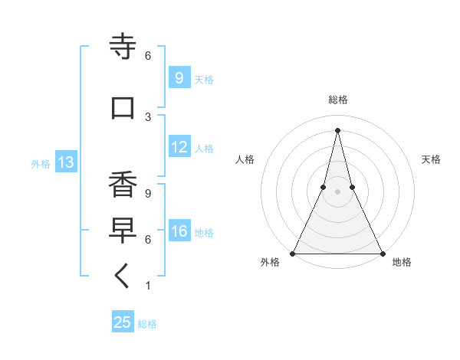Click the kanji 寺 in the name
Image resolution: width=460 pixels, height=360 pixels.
pyautogui.click(x=123, y=47)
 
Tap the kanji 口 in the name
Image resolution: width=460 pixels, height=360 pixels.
pyautogui.click(x=123, y=108)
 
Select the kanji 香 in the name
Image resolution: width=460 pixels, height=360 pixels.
pyautogui.click(x=123, y=185)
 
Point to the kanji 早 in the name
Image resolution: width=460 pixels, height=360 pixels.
pyautogui.click(x=123, y=231)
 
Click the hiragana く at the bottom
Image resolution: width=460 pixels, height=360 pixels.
pyautogui.click(x=123, y=277)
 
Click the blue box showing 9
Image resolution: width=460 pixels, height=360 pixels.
pyautogui.click(x=179, y=77)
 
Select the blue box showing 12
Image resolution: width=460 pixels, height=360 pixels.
pyautogui.click(x=179, y=147)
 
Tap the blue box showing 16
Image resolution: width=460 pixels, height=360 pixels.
pyautogui.click(x=179, y=231)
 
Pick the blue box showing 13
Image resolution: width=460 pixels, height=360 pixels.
pyautogui.click(x=65, y=162)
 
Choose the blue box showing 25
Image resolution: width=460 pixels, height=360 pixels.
pyautogui.click(x=123, y=322)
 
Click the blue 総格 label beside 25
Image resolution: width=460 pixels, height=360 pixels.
pyautogui.click(x=147, y=324)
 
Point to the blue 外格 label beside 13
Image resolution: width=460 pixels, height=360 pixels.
pyautogui.click(x=40, y=163)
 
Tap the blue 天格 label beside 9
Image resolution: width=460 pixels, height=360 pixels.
pyautogui.click(x=203, y=79)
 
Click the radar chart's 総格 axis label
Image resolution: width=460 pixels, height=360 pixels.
pyautogui.click(x=337, y=100)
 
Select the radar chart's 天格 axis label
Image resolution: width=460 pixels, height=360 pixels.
pyautogui.click(x=431, y=159)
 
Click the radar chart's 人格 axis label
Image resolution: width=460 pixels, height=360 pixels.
pyautogui.click(x=245, y=159)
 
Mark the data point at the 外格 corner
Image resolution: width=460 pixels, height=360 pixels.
pyautogui.click(x=293, y=253)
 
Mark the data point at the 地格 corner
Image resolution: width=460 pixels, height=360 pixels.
pyautogui.click(x=382, y=253)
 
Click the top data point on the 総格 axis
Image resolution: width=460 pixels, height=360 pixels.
pyautogui.click(x=337, y=129)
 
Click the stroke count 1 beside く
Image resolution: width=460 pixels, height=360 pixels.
pyautogui.click(x=147, y=286)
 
